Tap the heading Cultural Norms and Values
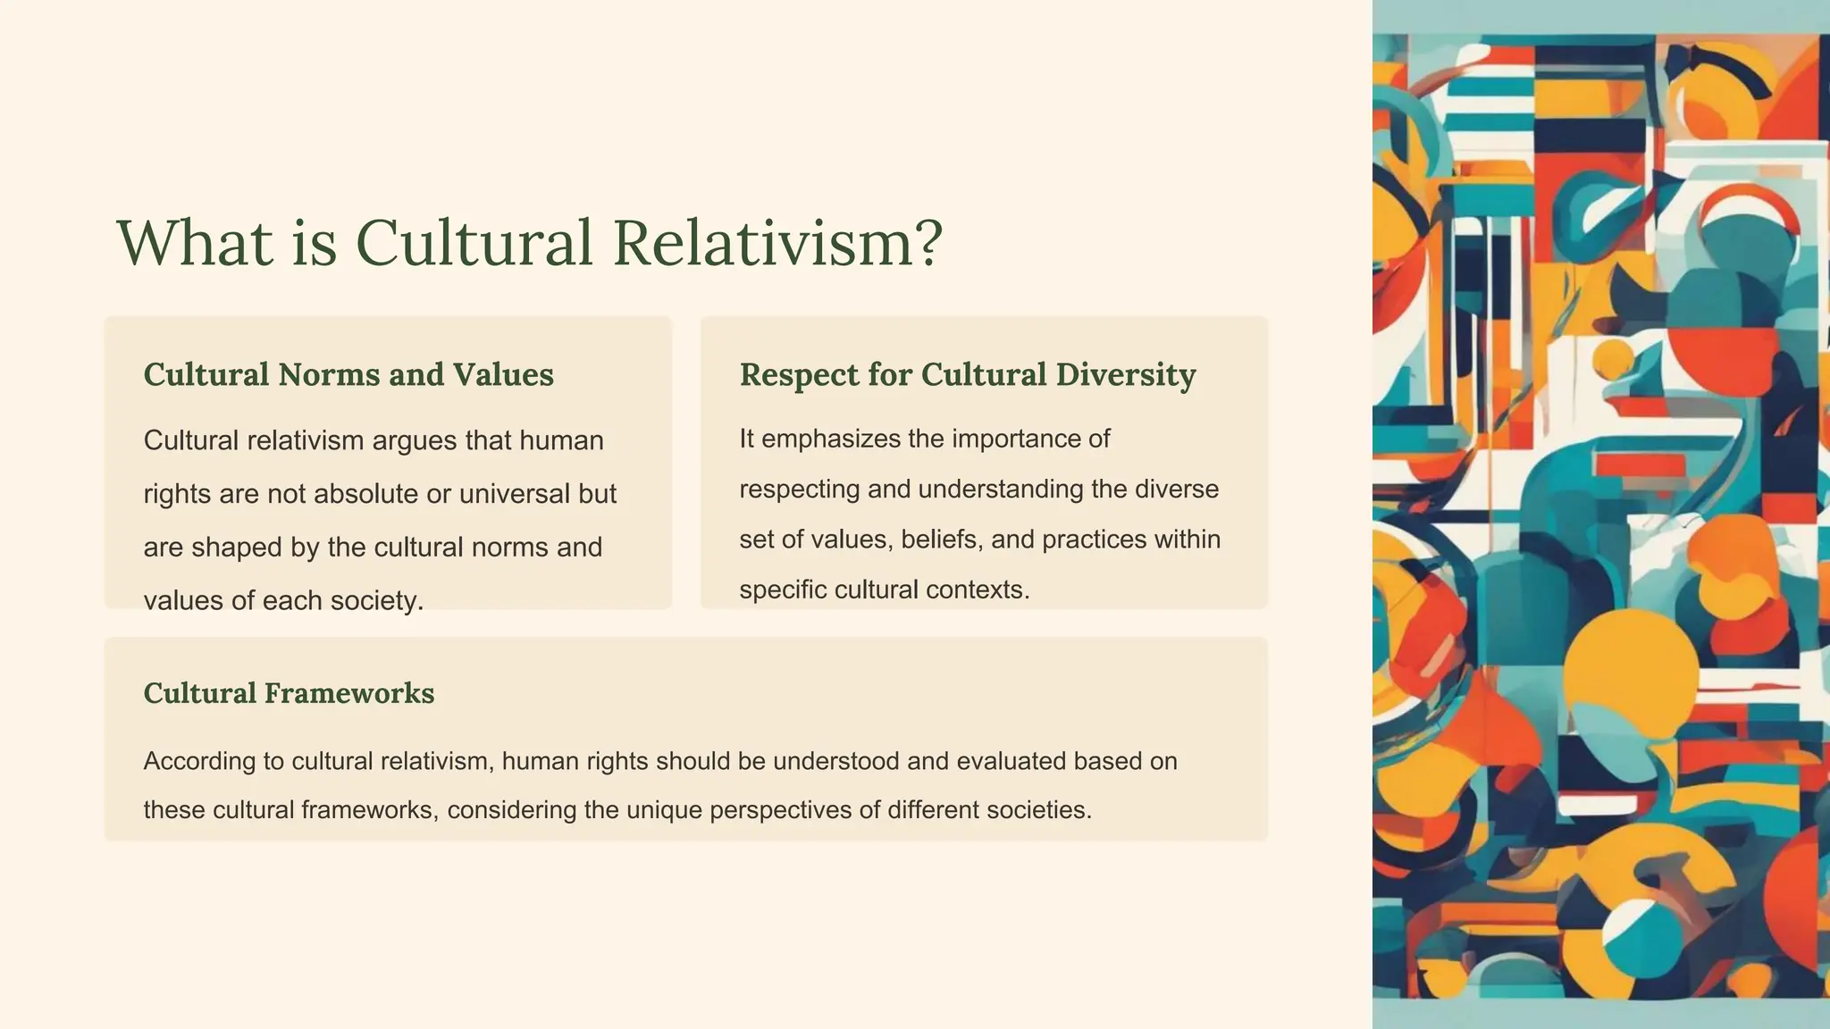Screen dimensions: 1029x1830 click(348, 374)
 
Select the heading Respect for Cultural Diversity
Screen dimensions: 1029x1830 click(968, 374)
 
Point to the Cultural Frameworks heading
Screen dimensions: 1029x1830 click(289, 693)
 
